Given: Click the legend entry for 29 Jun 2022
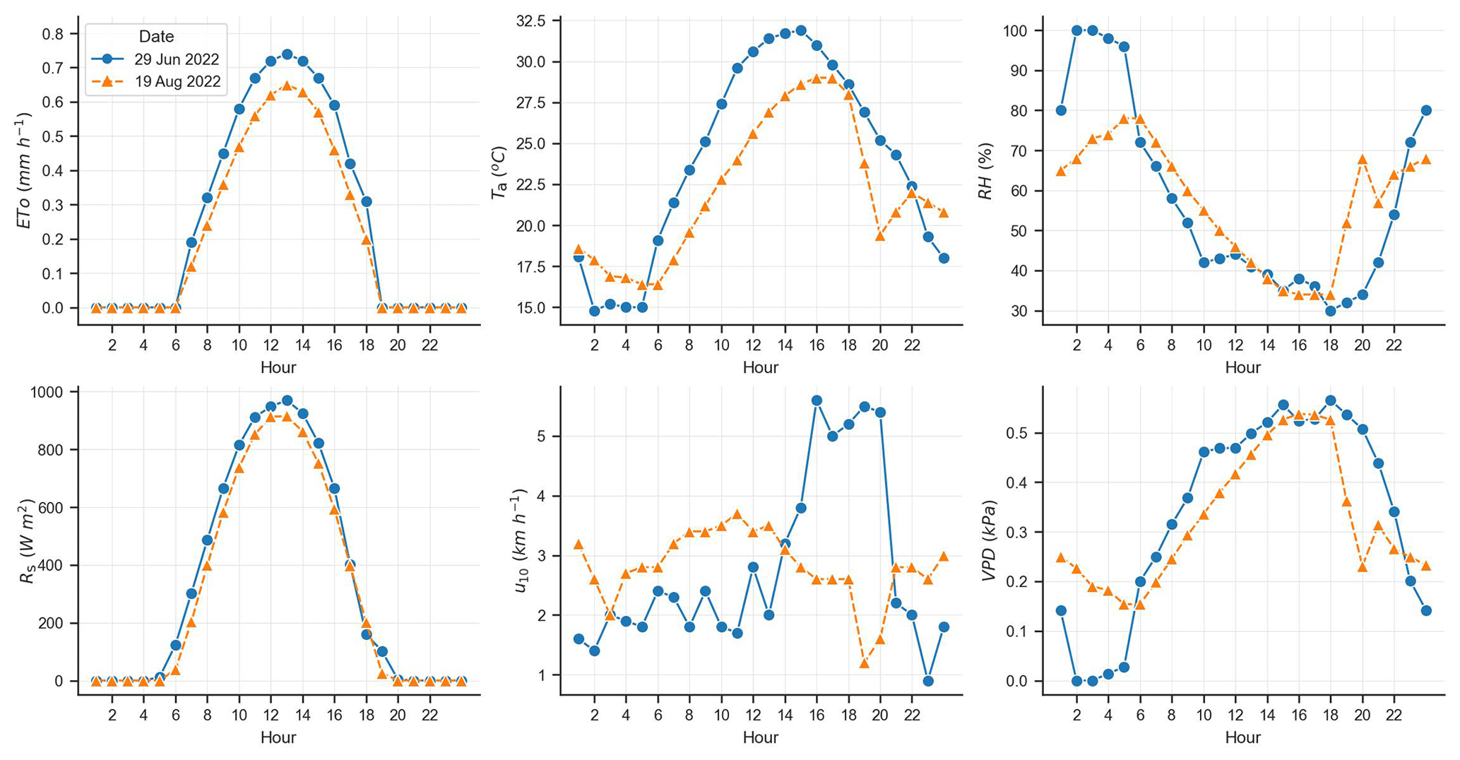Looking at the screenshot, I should [x=177, y=59].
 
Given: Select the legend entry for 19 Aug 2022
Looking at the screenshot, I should [x=177, y=82].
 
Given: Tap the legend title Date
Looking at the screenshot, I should [x=156, y=37].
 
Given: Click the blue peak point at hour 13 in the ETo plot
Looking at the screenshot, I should [x=287, y=54].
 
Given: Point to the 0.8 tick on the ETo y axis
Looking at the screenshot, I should [x=54, y=34].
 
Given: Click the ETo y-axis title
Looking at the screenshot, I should [x=25, y=170].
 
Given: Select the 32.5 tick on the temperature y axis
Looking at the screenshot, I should [x=531, y=21].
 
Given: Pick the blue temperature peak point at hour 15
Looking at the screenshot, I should [x=801, y=30].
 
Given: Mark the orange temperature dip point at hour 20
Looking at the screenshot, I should [x=880, y=236].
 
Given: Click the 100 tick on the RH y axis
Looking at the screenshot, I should [x=1016, y=31].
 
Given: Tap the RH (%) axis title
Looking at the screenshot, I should [x=986, y=170].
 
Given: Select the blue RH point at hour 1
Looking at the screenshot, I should [x=1061, y=110].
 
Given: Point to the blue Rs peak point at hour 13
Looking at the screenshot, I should [x=287, y=400].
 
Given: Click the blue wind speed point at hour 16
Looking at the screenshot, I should [x=817, y=400].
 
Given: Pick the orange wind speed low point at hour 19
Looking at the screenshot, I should [x=865, y=663].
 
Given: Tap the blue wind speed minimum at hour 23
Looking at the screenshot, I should [x=928, y=681].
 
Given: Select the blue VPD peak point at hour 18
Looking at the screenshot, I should [x=1331, y=400].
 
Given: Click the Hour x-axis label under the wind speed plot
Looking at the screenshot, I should [x=760, y=737].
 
